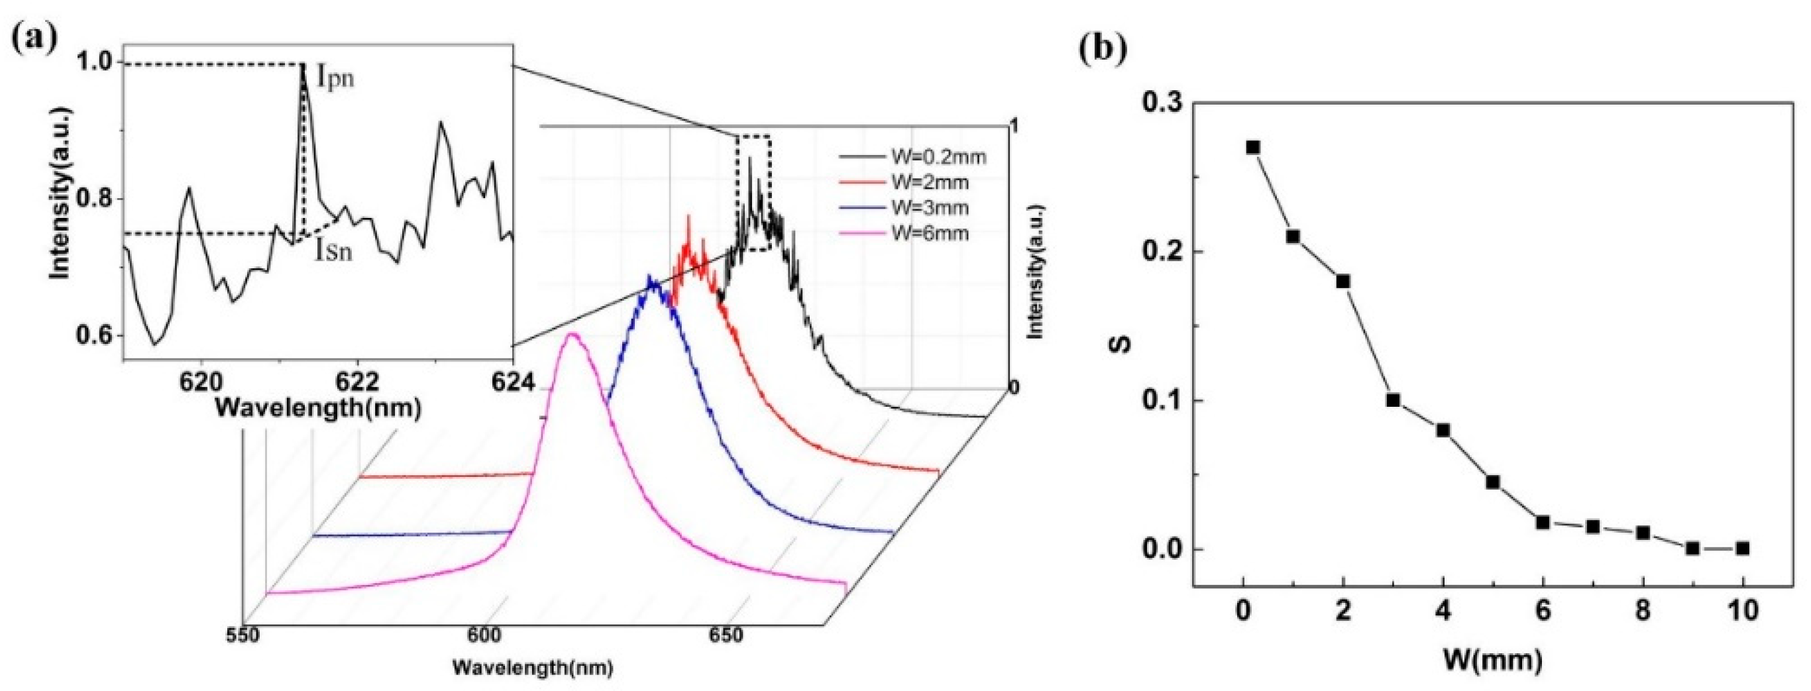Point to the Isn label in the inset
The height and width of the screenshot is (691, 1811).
point(333,250)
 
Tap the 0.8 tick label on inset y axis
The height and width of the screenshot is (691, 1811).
point(95,199)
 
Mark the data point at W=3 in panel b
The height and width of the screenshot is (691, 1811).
point(1394,401)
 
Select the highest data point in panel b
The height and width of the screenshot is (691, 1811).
point(1253,148)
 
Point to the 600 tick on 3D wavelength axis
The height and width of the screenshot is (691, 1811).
point(484,635)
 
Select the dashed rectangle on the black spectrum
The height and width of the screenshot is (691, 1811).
point(753,193)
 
